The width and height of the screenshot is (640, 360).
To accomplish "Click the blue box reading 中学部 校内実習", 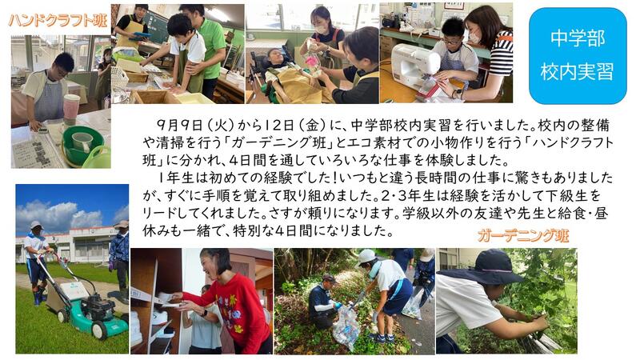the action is click(x=577, y=56).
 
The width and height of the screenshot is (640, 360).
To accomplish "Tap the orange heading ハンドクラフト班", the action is click(x=58, y=20).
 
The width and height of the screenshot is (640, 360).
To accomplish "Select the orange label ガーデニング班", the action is click(x=523, y=235).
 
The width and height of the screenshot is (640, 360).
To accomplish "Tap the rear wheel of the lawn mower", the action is click(x=100, y=330).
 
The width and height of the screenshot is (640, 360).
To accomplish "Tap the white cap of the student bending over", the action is click(x=366, y=256).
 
